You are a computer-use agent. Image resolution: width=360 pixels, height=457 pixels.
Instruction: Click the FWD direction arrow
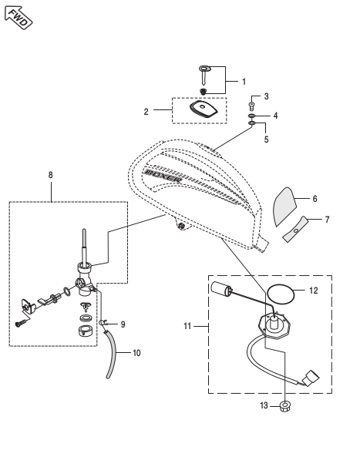pos(19,18)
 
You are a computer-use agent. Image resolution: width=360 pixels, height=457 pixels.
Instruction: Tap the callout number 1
pos(244,82)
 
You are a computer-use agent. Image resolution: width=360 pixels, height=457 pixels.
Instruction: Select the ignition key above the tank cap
pos(205,75)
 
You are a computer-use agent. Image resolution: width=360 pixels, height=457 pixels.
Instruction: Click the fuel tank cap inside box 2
pos(204,109)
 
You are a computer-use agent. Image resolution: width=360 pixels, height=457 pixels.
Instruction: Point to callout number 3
pos(266,96)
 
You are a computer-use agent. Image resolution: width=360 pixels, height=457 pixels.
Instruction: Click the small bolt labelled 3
pos(252,106)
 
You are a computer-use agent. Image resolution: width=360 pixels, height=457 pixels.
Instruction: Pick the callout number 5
pos(266,139)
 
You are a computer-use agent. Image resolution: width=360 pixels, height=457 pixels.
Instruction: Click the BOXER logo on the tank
pos(163,176)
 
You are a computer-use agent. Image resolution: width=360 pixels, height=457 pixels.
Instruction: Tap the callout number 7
pos(328,220)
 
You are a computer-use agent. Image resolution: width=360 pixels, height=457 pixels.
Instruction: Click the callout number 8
pos(50,175)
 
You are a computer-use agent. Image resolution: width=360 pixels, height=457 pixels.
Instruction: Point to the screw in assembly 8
pos(22,323)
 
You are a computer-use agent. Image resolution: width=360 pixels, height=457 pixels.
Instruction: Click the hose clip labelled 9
pos(103,323)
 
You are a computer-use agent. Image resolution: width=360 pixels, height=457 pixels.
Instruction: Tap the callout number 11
pos(187,326)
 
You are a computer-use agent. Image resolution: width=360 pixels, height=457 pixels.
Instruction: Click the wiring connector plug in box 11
pos(311,378)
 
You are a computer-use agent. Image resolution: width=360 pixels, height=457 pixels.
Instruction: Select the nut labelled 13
pos(284,406)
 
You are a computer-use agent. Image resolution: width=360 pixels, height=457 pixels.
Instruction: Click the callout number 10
pos(136,353)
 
